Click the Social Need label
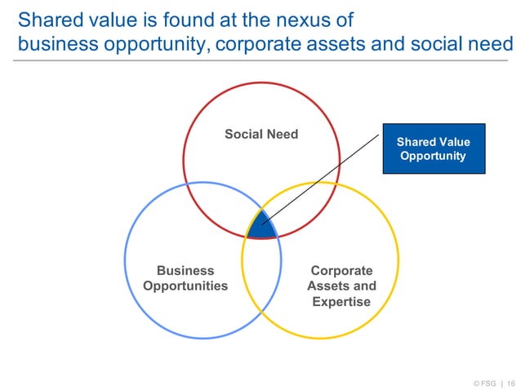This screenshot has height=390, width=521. pyautogui.click(x=261, y=134)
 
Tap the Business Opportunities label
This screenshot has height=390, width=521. pyautogui.click(x=185, y=278)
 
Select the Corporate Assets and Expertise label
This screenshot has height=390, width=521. pyautogui.click(x=341, y=286)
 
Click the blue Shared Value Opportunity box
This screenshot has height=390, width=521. pyautogui.click(x=434, y=148)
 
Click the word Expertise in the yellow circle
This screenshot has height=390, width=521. pyautogui.click(x=341, y=302)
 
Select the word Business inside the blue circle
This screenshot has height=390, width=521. pyautogui.click(x=185, y=271)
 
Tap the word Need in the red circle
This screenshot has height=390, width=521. pyautogui.click(x=283, y=134)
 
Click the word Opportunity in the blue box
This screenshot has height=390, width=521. pyautogui.click(x=434, y=156)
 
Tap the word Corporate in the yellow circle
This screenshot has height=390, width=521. pyautogui.click(x=341, y=271)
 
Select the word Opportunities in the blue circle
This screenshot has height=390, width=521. pyautogui.click(x=185, y=286)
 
